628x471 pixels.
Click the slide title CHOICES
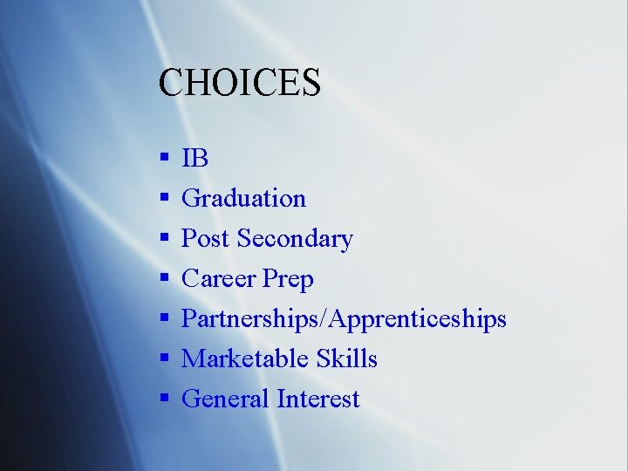point(240,83)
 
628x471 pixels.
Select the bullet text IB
point(195,159)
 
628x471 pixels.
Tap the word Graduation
point(243,199)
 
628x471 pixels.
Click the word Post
point(206,239)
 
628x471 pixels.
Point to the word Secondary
point(295,239)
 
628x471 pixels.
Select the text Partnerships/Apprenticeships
point(344,319)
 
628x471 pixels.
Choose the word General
point(225,399)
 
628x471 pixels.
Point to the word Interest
point(317,399)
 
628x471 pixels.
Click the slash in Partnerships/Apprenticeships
point(325,319)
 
